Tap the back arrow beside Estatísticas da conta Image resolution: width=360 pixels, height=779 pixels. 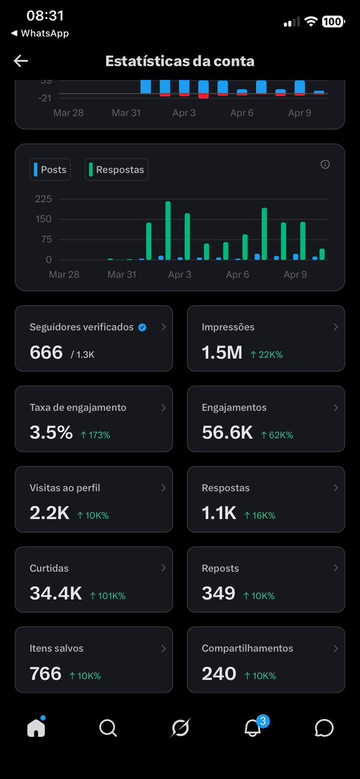(x=21, y=61)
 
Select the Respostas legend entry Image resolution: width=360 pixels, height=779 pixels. (x=117, y=170)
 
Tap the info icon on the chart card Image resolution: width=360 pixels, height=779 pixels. (x=325, y=164)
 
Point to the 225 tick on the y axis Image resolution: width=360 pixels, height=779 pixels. (x=43, y=199)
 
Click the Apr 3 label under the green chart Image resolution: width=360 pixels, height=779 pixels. (x=180, y=275)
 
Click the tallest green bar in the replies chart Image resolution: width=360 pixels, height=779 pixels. (x=168, y=231)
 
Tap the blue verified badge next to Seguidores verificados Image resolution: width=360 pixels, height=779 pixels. (x=142, y=327)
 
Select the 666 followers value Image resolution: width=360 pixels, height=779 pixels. (x=46, y=353)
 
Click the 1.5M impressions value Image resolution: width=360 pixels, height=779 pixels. (x=222, y=353)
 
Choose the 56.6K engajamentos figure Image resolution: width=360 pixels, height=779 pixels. (x=227, y=433)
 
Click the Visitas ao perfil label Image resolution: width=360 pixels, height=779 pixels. (x=65, y=488)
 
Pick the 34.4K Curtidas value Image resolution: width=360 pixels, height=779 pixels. (x=55, y=593)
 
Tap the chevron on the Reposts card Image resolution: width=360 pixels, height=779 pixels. (x=335, y=568)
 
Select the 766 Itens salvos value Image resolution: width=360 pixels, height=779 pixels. (x=45, y=674)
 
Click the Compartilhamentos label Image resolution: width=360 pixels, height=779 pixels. (x=247, y=648)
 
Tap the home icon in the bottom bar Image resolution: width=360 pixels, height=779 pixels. (x=36, y=728)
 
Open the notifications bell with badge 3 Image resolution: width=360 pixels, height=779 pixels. (x=252, y=728)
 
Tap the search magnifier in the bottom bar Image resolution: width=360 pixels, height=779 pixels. (x=108, y=728)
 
